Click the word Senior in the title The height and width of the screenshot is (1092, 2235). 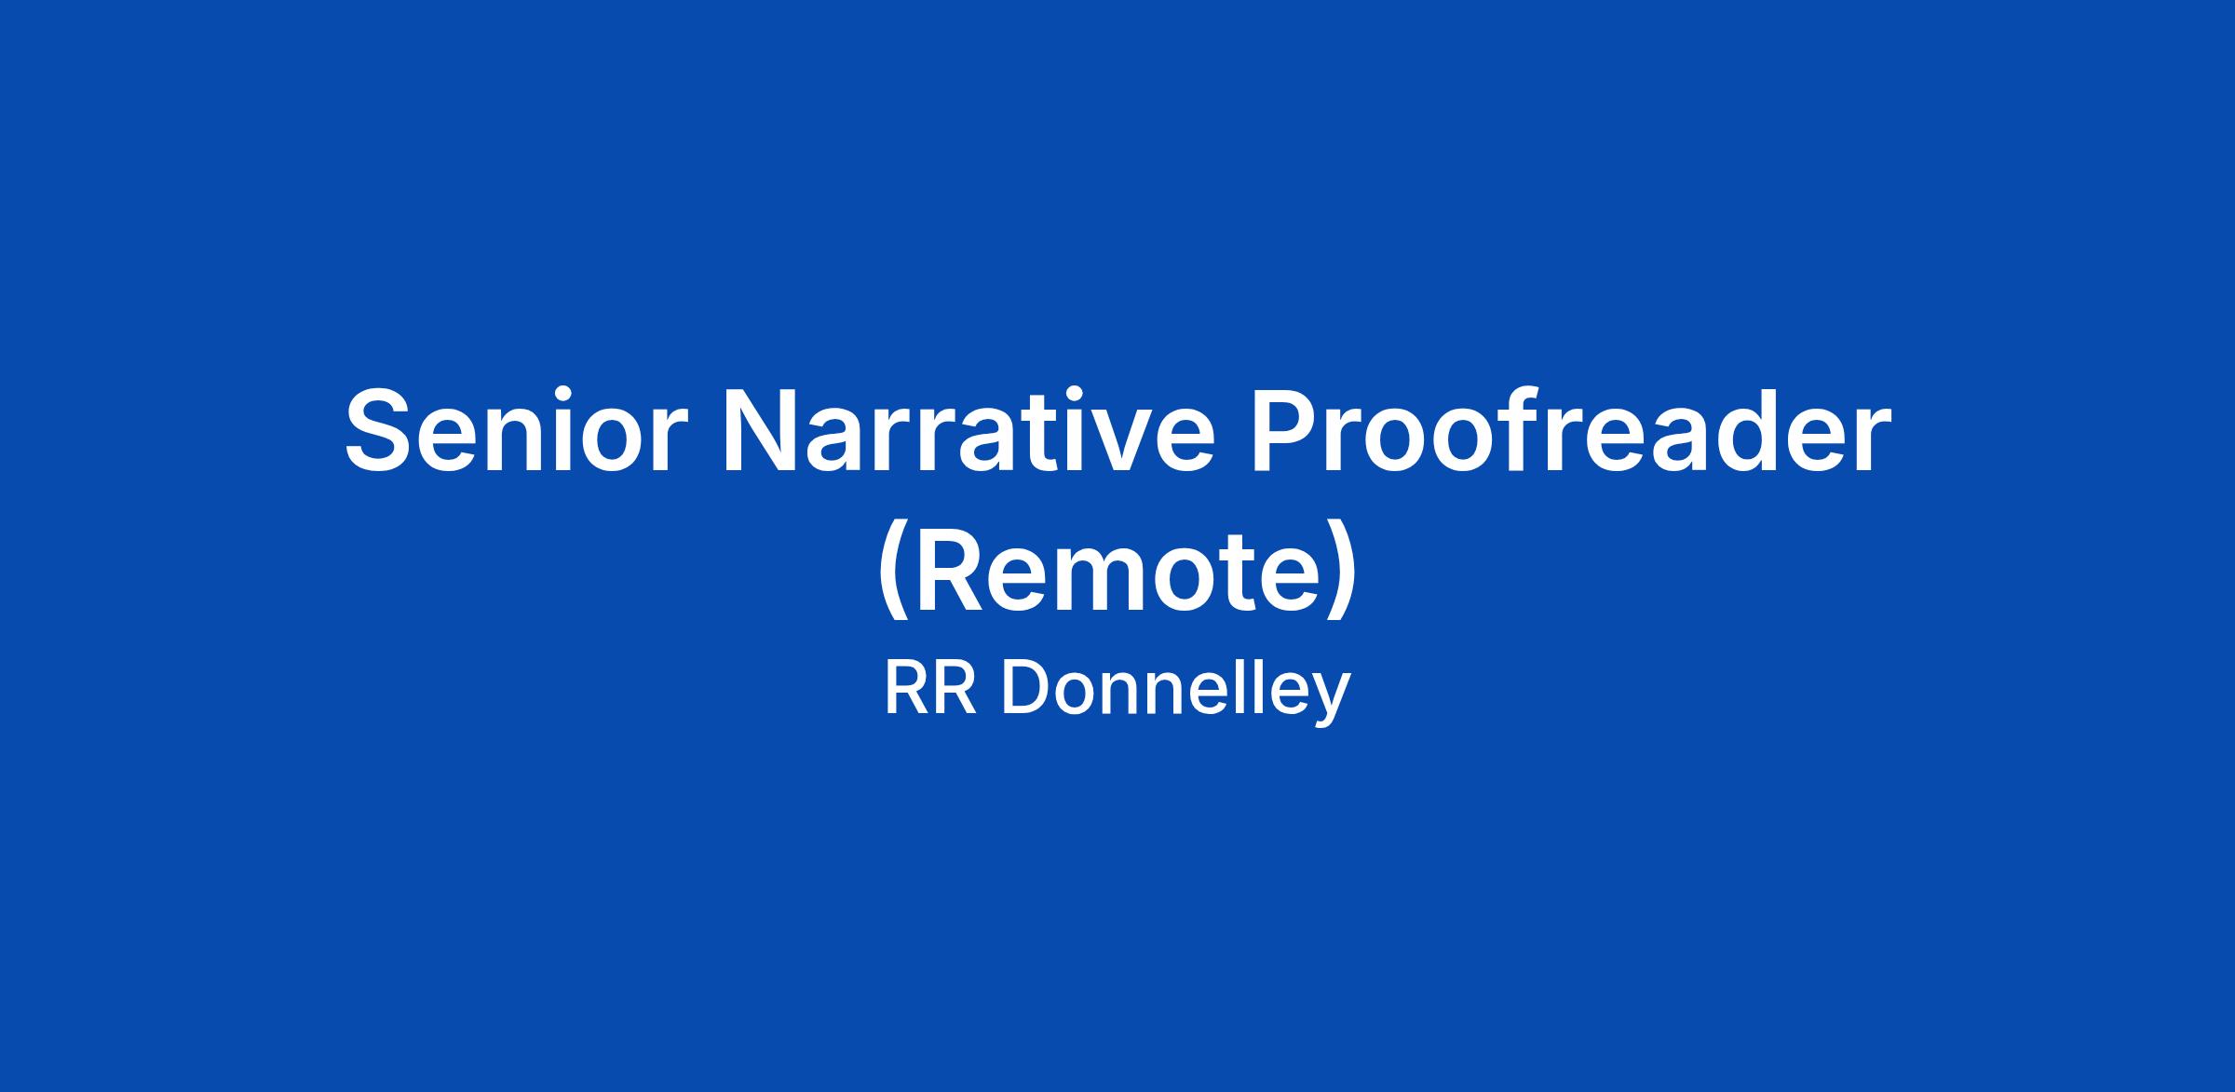pyautogui.click(x=515, y=429)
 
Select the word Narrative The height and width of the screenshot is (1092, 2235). pyautogui.click(x=966, y=429)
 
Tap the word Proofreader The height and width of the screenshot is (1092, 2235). pyautogui.click(x=1571, y=429)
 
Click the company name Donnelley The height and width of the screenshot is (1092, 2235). pyautogui.click(x=1176, y=690)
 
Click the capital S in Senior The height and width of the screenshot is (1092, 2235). pyautogui.click(x=382, y=429)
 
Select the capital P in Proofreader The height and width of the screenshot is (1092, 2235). pyautogui.click(x=1287, y=429)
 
